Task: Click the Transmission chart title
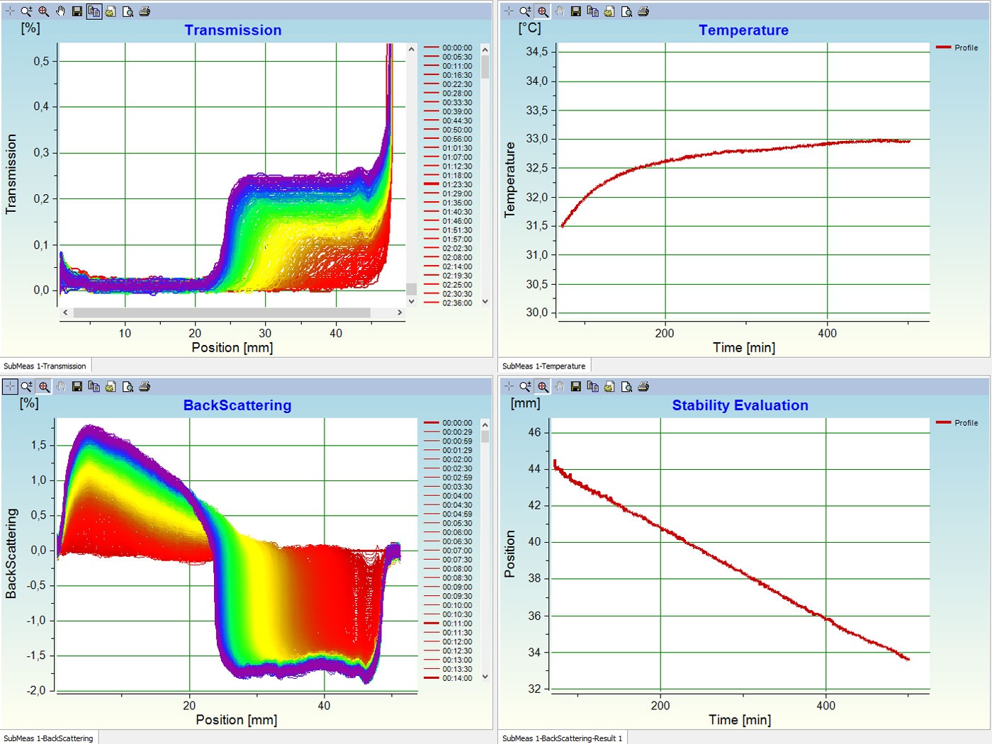click(x=233, y=30)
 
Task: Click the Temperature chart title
click(x=743, y=30)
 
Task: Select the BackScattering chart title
click(x=237, y=405)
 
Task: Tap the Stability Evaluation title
click(x=740, y=405)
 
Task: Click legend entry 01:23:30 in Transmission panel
click(x=457, y=184)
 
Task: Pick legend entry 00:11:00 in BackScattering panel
click(x=457, y=624)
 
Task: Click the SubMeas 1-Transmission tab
click(x=45, y=366)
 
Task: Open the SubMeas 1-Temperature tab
click(x=544, y=366)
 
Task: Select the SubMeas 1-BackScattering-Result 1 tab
click(x=563, y=738)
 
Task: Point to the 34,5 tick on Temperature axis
click(x=536, y=52)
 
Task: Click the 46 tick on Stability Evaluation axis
click(x=534, y=432)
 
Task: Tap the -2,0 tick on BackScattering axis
click(x=36, y=690)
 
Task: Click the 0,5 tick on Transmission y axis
click(x=41, y=62)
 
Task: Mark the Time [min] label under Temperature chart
click(x=744, y=347)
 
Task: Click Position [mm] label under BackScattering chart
click(x=236, y=720)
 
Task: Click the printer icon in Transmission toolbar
click(x=145, y=11)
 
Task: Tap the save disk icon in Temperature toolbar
click(x=575, y=11)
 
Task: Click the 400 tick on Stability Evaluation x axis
click(x=825, y=706)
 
